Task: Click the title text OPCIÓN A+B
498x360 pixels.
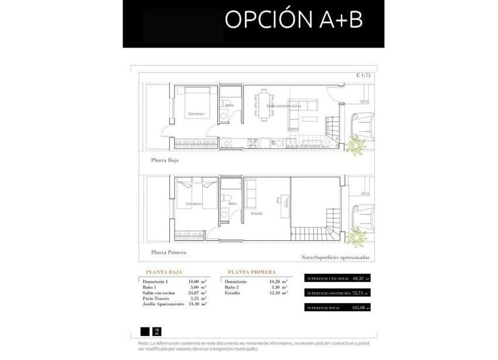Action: click(x=293, y=19)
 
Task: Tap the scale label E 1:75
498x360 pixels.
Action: click(x=363, y=75)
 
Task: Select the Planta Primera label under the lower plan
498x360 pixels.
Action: click(x=169, y=252)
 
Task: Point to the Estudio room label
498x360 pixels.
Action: click(x=257, y=213)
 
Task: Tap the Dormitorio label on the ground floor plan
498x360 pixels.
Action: click(x=196, y=113)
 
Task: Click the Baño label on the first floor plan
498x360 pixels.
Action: click(x=232, y=203)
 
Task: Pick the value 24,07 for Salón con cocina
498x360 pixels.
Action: click(x=193, y=293)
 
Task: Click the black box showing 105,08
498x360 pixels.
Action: click(x=337, y=307)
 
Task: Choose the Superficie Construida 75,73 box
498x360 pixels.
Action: click(x=337, y=293)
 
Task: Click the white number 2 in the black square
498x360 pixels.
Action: click(x=156, y=331)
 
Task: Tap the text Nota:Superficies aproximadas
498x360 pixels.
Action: click(x=335, y=257)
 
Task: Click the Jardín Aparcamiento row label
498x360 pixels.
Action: click(x=163, y=304)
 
